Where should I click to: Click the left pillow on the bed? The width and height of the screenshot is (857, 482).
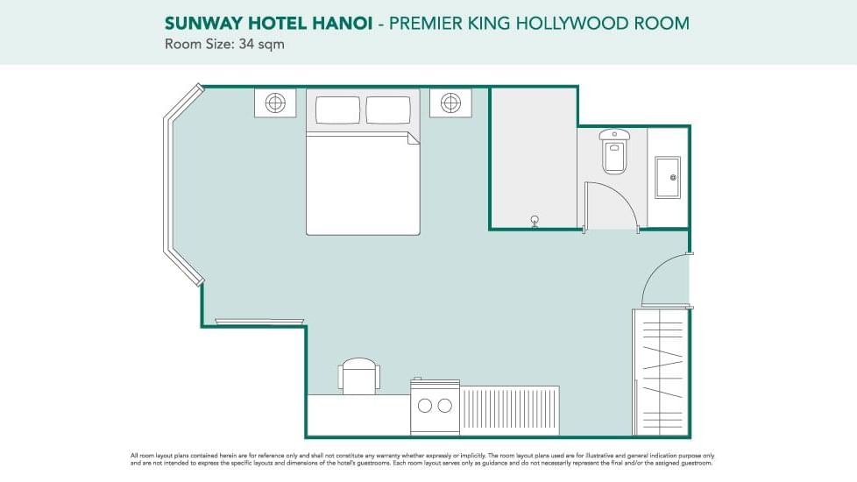[337, 110]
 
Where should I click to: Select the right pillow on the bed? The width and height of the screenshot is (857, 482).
[388, 110]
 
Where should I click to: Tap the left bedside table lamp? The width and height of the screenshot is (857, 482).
[275, 103]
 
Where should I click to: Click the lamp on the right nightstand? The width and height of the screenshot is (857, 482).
[450, 103]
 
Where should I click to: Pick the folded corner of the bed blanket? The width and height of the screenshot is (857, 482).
[414, 138]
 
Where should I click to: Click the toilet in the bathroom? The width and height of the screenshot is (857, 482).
[614, 150]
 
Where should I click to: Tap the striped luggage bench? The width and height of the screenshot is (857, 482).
[509, 410]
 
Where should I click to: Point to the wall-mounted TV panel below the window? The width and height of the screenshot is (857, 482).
[252, 322]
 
